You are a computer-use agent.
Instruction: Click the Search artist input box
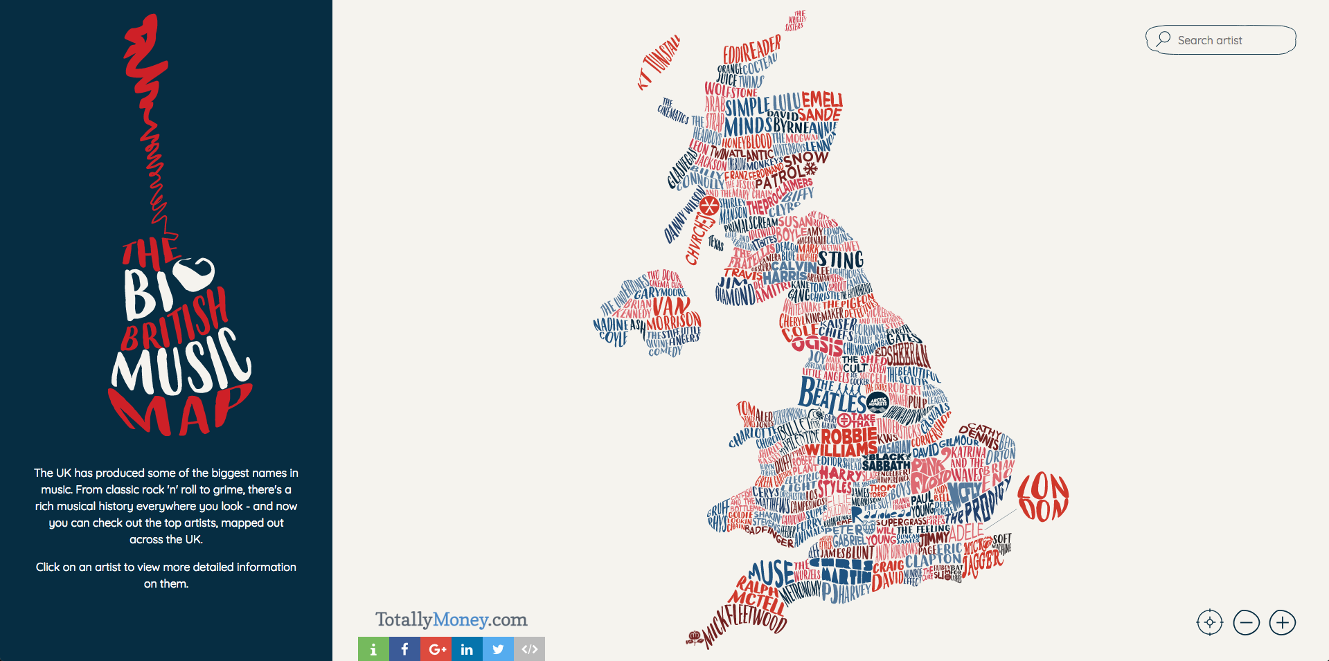tap(1220, 40)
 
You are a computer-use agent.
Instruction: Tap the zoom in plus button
tap(1282, 622)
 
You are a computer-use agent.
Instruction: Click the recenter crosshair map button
tap(1210, 622)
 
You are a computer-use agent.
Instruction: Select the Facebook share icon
tap(404, 649)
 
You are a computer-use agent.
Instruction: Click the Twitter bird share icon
tap(498, 649)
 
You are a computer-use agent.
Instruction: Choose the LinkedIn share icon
tap(467, 649)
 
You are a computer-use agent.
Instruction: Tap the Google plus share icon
tap(436, 649)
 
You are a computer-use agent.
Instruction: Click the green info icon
tap(373, 649)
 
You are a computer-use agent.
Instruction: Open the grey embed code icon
tap(529, 649)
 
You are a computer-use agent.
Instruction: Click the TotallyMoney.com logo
tap(451, 619)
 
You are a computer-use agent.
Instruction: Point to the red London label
tap(1043, 497)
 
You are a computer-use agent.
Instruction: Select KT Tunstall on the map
tap(659, 62)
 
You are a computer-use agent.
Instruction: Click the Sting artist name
tap(840, 260)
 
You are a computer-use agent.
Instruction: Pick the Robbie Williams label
tap(844, 444)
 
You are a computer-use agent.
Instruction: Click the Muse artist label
tap(771, 573)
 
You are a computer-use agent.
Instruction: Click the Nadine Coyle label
tap(612, 331)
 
